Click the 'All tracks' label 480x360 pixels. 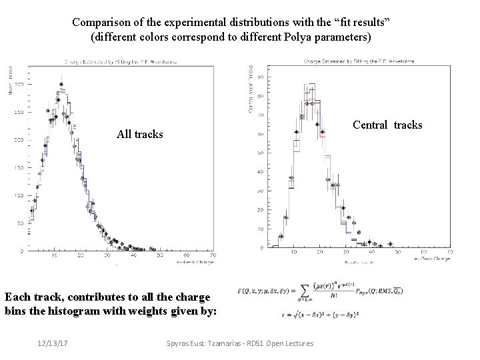point(139,134)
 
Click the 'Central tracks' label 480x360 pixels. point(387,125)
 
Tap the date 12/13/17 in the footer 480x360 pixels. point(53,343)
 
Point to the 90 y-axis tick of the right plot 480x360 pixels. point(259,77)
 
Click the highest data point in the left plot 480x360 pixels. point(61,85)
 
